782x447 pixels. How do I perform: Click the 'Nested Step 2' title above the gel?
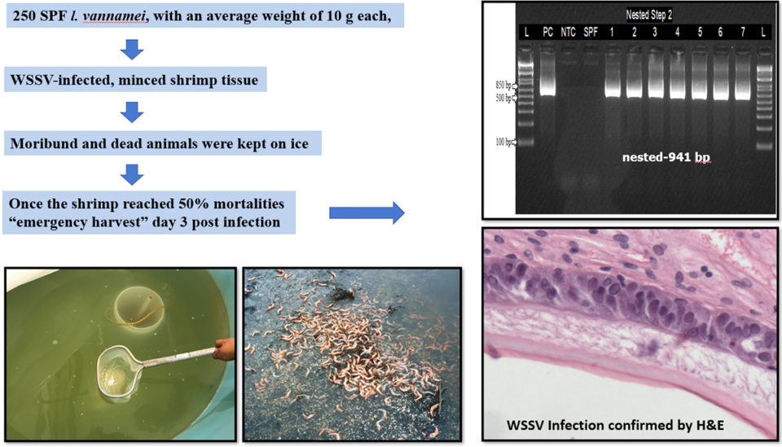(x=648, y=15)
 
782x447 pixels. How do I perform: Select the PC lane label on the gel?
(x=548, y=32)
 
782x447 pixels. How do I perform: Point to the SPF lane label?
(x=591, y=32)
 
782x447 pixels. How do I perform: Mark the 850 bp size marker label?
(x=503, y=85)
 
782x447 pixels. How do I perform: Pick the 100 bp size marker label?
(x=503, y=142)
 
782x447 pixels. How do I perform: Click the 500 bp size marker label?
(x=503, y=99)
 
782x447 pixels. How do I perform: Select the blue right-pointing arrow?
(x=366, y=213)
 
